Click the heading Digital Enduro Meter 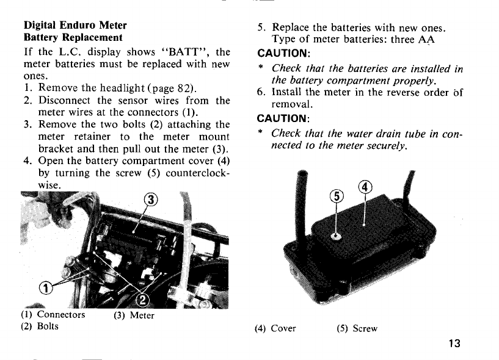click(75, 26)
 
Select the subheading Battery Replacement click(73, 37)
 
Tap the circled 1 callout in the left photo click(45, 287)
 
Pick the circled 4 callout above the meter click(365, 187)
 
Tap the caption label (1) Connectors click(53, 315)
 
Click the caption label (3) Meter click(134, 315)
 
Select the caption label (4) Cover click(275, 328)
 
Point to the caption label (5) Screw click(357, 328)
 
